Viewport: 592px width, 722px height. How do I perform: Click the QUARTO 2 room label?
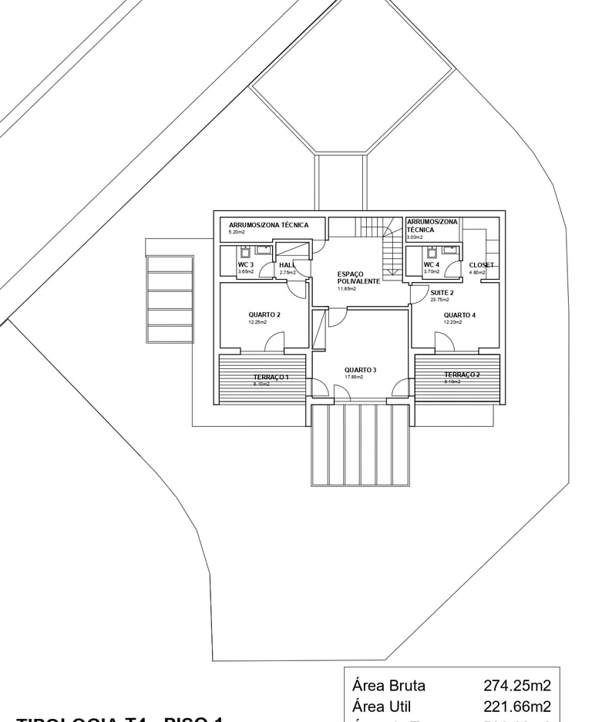tap(264, 314)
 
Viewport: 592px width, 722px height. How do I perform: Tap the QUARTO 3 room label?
tap(360, 370)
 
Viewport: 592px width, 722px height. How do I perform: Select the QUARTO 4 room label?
tap(459, 315)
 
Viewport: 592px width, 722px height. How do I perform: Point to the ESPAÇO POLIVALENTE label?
tap(358, 277)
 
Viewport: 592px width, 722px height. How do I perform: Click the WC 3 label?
tap(246, 264)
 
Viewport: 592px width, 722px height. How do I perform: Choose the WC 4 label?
tap(432, 264)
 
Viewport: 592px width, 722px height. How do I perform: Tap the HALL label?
tap(287, 265)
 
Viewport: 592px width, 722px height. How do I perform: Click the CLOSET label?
tap(481, 265)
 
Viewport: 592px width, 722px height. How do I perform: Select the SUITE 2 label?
tap(442, 293)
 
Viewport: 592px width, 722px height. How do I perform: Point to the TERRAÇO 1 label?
tap(271, 377)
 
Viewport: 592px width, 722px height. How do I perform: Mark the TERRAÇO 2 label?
tap(462, 374)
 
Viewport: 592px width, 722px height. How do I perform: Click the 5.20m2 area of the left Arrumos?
tap(236, 232)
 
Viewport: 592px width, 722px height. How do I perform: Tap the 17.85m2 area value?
tap(352, 378)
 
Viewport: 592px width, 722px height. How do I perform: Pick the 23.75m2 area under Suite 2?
tap(439, 300)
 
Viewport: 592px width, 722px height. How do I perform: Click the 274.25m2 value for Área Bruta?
tap(517, 686)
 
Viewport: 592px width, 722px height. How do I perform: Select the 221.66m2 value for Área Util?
tap(517, 706)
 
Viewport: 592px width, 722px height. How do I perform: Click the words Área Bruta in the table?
tap(388, 686)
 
